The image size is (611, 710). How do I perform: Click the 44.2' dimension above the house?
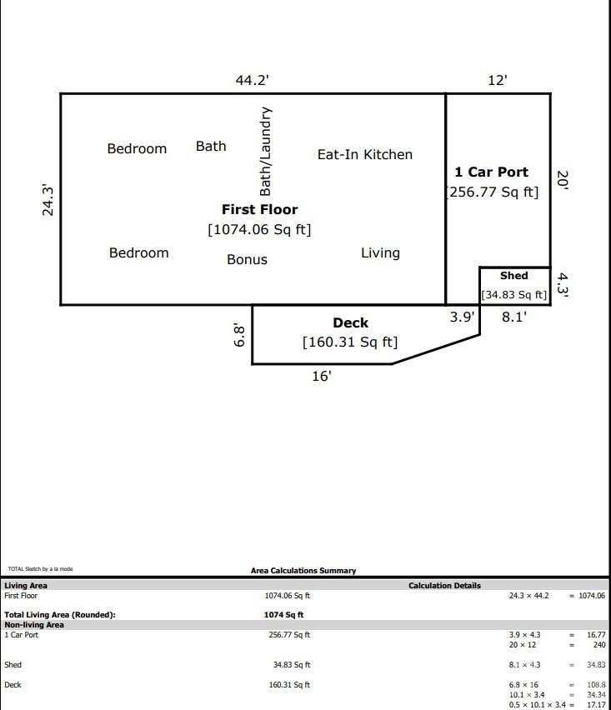click(252, 80)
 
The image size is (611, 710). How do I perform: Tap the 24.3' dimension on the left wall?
click(49, 201)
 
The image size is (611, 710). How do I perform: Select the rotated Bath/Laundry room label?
click(265, 151)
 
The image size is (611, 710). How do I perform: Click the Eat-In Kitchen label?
click(364, 154)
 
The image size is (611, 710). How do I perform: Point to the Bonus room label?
click(247, 259)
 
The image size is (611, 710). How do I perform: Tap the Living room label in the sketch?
click(380, 252)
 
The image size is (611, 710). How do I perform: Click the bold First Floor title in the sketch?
click(259, 209)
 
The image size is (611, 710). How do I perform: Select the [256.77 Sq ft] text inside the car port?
click(492, 192)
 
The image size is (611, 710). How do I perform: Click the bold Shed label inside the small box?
click(513, 276)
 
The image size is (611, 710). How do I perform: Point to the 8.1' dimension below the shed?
click(513, 317)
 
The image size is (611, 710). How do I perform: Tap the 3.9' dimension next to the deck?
click(462, 317)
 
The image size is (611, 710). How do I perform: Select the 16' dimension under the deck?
click(322, 376)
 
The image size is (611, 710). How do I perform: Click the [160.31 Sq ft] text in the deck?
click(349, 342)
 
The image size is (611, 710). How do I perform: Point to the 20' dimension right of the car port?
click(563, 181)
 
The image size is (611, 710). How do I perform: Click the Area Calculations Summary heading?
click(303, 571)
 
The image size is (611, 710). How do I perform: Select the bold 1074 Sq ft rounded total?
click(283, 615)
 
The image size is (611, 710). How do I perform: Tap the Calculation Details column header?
click(444, 586)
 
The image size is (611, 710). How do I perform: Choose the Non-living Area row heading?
click(34, 624)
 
